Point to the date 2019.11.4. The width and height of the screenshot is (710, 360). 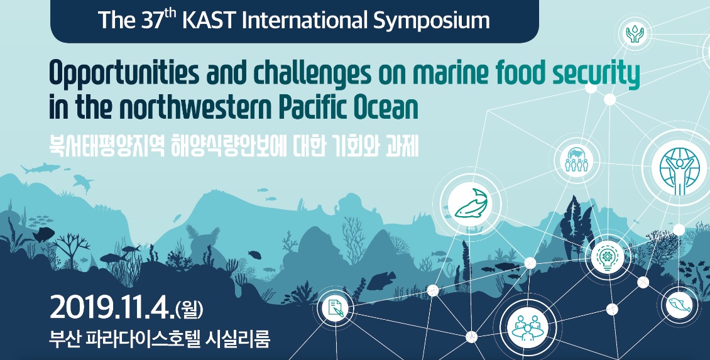(x=112, y=307)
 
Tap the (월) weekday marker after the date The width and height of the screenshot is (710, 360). (x=189, y=309)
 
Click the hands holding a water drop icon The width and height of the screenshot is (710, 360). (x=635, y=34)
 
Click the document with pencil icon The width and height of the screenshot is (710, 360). (x=335, y=308)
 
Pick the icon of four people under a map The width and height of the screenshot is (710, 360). (x=576, y=160)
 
